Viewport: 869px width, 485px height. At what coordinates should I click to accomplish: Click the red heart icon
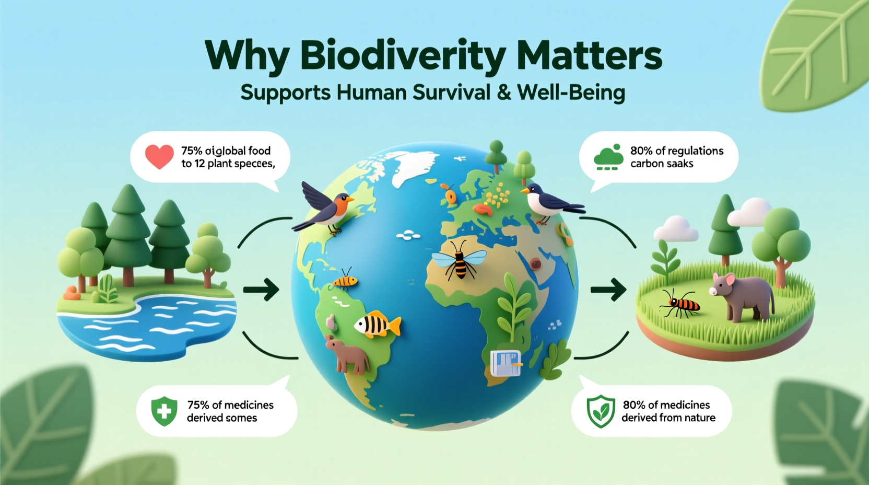(x=159, y=157)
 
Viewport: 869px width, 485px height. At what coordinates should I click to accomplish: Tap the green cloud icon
(x=608, y=157)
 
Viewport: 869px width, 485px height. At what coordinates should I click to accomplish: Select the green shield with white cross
(x=164, y=411)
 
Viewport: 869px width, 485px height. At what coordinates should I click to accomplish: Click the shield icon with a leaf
(x=601, y=411)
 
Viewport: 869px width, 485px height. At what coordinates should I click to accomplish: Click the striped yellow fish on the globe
(x=377, y=325)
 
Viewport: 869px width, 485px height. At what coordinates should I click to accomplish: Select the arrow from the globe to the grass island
(x=608, y=290)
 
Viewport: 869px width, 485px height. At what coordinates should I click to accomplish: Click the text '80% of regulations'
(x=676, y=151)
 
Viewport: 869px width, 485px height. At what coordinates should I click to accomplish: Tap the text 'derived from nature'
(x=668, y=418)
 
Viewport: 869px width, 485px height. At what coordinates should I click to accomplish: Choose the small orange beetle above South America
(x=346, y=281)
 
